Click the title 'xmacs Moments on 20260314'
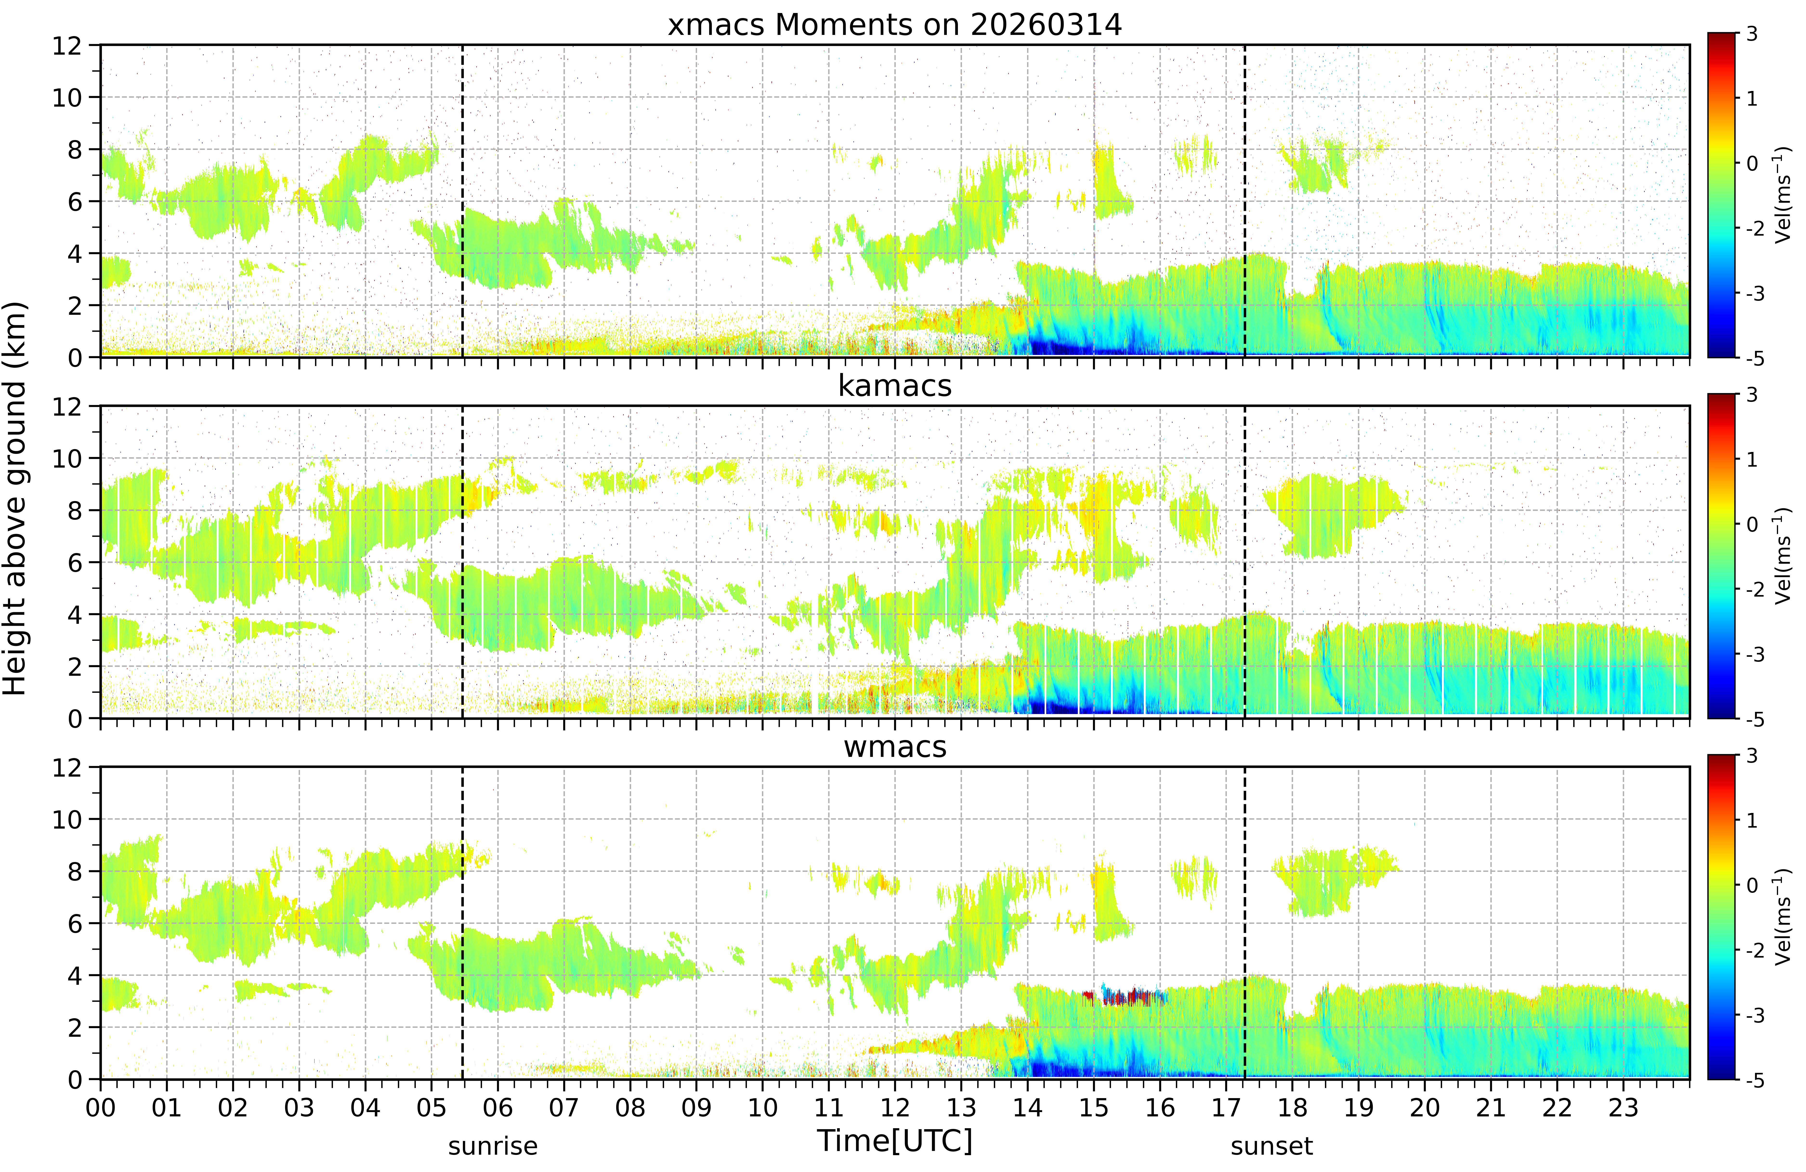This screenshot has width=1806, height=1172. pyautogui.click(x=895, y=25)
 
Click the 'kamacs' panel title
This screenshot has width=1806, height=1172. pyautogui.click(x=895, y=386)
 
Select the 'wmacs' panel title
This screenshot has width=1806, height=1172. pyautogui.click(x=895, y=747)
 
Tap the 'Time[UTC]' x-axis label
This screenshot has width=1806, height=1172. pyautogui.click(x=895, y=1140)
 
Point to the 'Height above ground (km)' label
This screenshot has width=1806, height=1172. pyautogui.click(x=14, y=498)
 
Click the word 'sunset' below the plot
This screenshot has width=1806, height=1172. pyautogui.click(x=1272, y=1146)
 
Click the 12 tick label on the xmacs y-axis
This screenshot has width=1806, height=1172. pyautogui.click(x=67, y=45)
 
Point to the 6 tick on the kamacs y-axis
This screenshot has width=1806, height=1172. pyautogui.click(x=74, y=563)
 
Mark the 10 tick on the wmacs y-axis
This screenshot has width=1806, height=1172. pyautogui.click(x=67, y=819)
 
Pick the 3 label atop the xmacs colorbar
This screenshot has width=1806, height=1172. pyautogui.click(x=1751, y=34)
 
